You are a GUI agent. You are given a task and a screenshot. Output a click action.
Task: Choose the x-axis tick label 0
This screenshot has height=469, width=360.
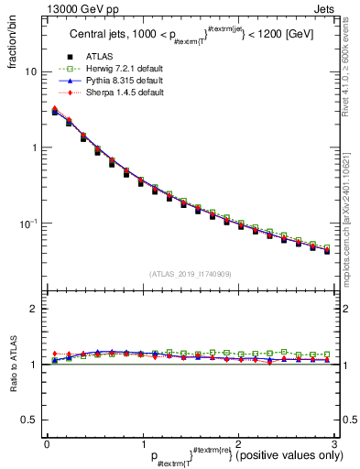(x=47, y=442)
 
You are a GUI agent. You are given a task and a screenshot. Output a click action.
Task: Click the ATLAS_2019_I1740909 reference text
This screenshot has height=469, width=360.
(x=191, y=274)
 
